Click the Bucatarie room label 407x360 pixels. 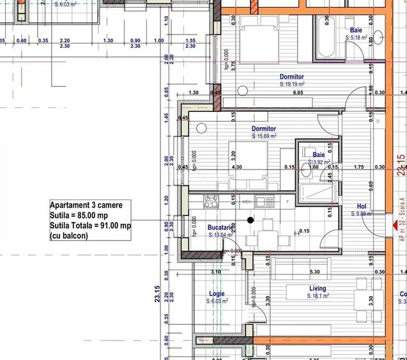[220, 227]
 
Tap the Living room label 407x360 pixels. [318, 289]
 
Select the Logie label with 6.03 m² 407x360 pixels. [217, 295]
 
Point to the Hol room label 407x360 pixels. [361, 207]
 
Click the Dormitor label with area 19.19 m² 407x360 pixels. [291, 77]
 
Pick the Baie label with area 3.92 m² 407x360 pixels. [318, 155]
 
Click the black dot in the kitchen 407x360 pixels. [233, 219]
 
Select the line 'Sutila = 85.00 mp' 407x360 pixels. [81, 215]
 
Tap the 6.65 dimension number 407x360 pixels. [298, 93]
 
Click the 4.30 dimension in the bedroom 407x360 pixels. [236, 168]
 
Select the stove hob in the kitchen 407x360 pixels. [211, 201]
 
